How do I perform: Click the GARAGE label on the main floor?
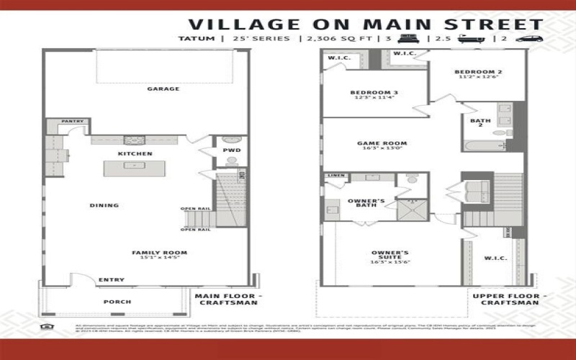[x=163, y=89]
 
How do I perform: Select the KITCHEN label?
[x=135, y=154]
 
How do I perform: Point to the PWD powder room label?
[x=232, y=150]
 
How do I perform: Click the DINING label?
[x=104, y=205]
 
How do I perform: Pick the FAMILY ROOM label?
[x=159, y=253]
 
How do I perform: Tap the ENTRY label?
[x=111, y=279]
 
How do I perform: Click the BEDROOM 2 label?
[x=478, y=72]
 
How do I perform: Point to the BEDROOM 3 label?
[x=374, y=93]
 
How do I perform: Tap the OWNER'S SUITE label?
[x=390, y=256]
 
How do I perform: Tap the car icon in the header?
[x=528, y=38]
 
